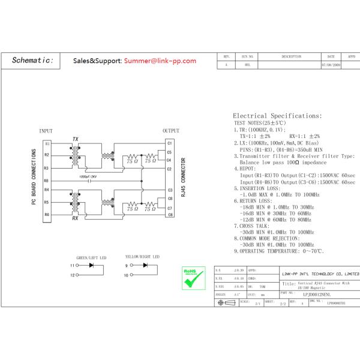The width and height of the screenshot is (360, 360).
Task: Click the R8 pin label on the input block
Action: point(46,181)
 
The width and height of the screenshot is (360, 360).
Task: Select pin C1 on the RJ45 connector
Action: point(170,143)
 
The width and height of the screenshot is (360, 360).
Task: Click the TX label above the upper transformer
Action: point(75,139)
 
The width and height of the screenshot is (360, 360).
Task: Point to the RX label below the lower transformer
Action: point(75,219)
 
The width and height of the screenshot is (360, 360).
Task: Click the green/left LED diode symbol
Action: point(91,265)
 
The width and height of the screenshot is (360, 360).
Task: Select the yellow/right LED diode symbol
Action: point(145,265)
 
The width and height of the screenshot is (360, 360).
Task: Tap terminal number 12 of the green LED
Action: point(73,275)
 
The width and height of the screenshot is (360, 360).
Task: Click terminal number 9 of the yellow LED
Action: point(127,265)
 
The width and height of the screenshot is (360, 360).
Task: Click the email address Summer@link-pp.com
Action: point(160,61)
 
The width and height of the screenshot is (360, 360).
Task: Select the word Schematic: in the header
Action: point(33,61)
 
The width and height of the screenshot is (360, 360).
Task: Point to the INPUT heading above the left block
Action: point(46,131)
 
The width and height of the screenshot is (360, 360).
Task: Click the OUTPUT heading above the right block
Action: point(171,131)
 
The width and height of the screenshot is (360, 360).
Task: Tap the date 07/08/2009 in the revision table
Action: point(331,64)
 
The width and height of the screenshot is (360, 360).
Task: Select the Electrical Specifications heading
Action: point(277,116)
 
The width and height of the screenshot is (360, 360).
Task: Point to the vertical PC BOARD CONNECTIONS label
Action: point(34,179)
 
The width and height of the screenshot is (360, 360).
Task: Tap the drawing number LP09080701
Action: point(337,304)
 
